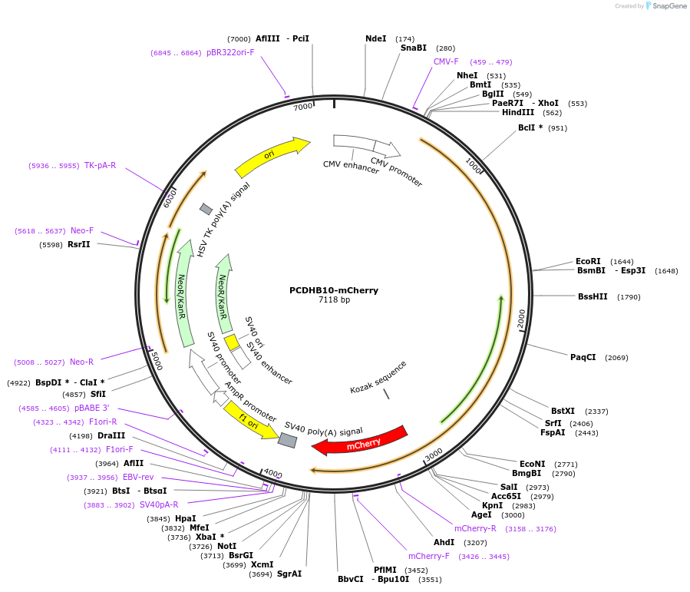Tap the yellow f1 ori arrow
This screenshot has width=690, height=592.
tap(250, 419)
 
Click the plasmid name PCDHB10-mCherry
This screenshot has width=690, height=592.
tap(334, 290)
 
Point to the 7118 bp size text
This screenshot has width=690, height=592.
tap(334, 300)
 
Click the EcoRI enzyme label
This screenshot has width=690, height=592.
tap(588, 261)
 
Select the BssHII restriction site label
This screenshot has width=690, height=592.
tap(593, 296)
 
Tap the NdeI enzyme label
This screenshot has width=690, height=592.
tap(376, 38)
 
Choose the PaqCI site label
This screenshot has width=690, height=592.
tap(583, 357)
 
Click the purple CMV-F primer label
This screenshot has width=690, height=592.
tap(446, 61)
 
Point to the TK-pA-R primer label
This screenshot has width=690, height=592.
tap(101, 165)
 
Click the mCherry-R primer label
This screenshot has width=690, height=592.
tap(475, 528)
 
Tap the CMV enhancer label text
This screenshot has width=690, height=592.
tap(351, 167)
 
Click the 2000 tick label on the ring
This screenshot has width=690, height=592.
tap(521, 318)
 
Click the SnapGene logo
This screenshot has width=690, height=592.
tap(665, 6)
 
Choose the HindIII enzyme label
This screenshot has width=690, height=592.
tap(518, 112)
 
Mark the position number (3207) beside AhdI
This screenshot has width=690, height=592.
tap(491, 542)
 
